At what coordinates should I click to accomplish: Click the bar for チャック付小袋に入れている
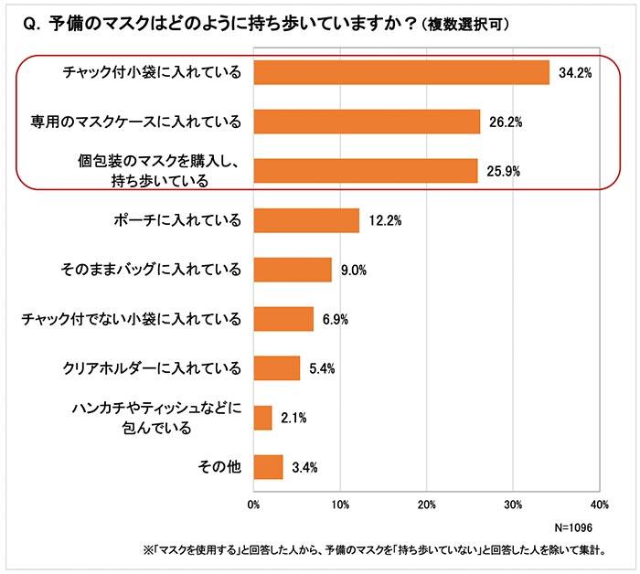[x=400, y=72]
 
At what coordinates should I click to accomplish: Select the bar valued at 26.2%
[x=366, y=122]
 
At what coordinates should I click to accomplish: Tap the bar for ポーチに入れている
[x=305, y=220]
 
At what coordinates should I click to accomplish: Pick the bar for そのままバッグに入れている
[x=292, y=270]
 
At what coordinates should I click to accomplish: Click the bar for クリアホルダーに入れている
[x=276, y=368]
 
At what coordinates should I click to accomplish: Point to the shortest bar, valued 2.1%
[x=262, y=418]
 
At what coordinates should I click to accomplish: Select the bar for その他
[x=268, y=467]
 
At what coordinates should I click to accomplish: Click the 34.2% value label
[x=576, y=73]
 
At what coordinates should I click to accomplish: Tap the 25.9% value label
[x=504, y=172]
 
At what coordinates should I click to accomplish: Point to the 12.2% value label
[x=385, y=221]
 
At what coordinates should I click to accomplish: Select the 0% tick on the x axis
[x=253, y=505]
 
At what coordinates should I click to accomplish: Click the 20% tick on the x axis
[x=426, y=505]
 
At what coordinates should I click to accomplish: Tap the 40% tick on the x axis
[x=599, y=505]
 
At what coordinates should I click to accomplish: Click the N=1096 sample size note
[x=575, y=528]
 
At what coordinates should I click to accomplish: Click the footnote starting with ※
[x=369, y=552]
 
